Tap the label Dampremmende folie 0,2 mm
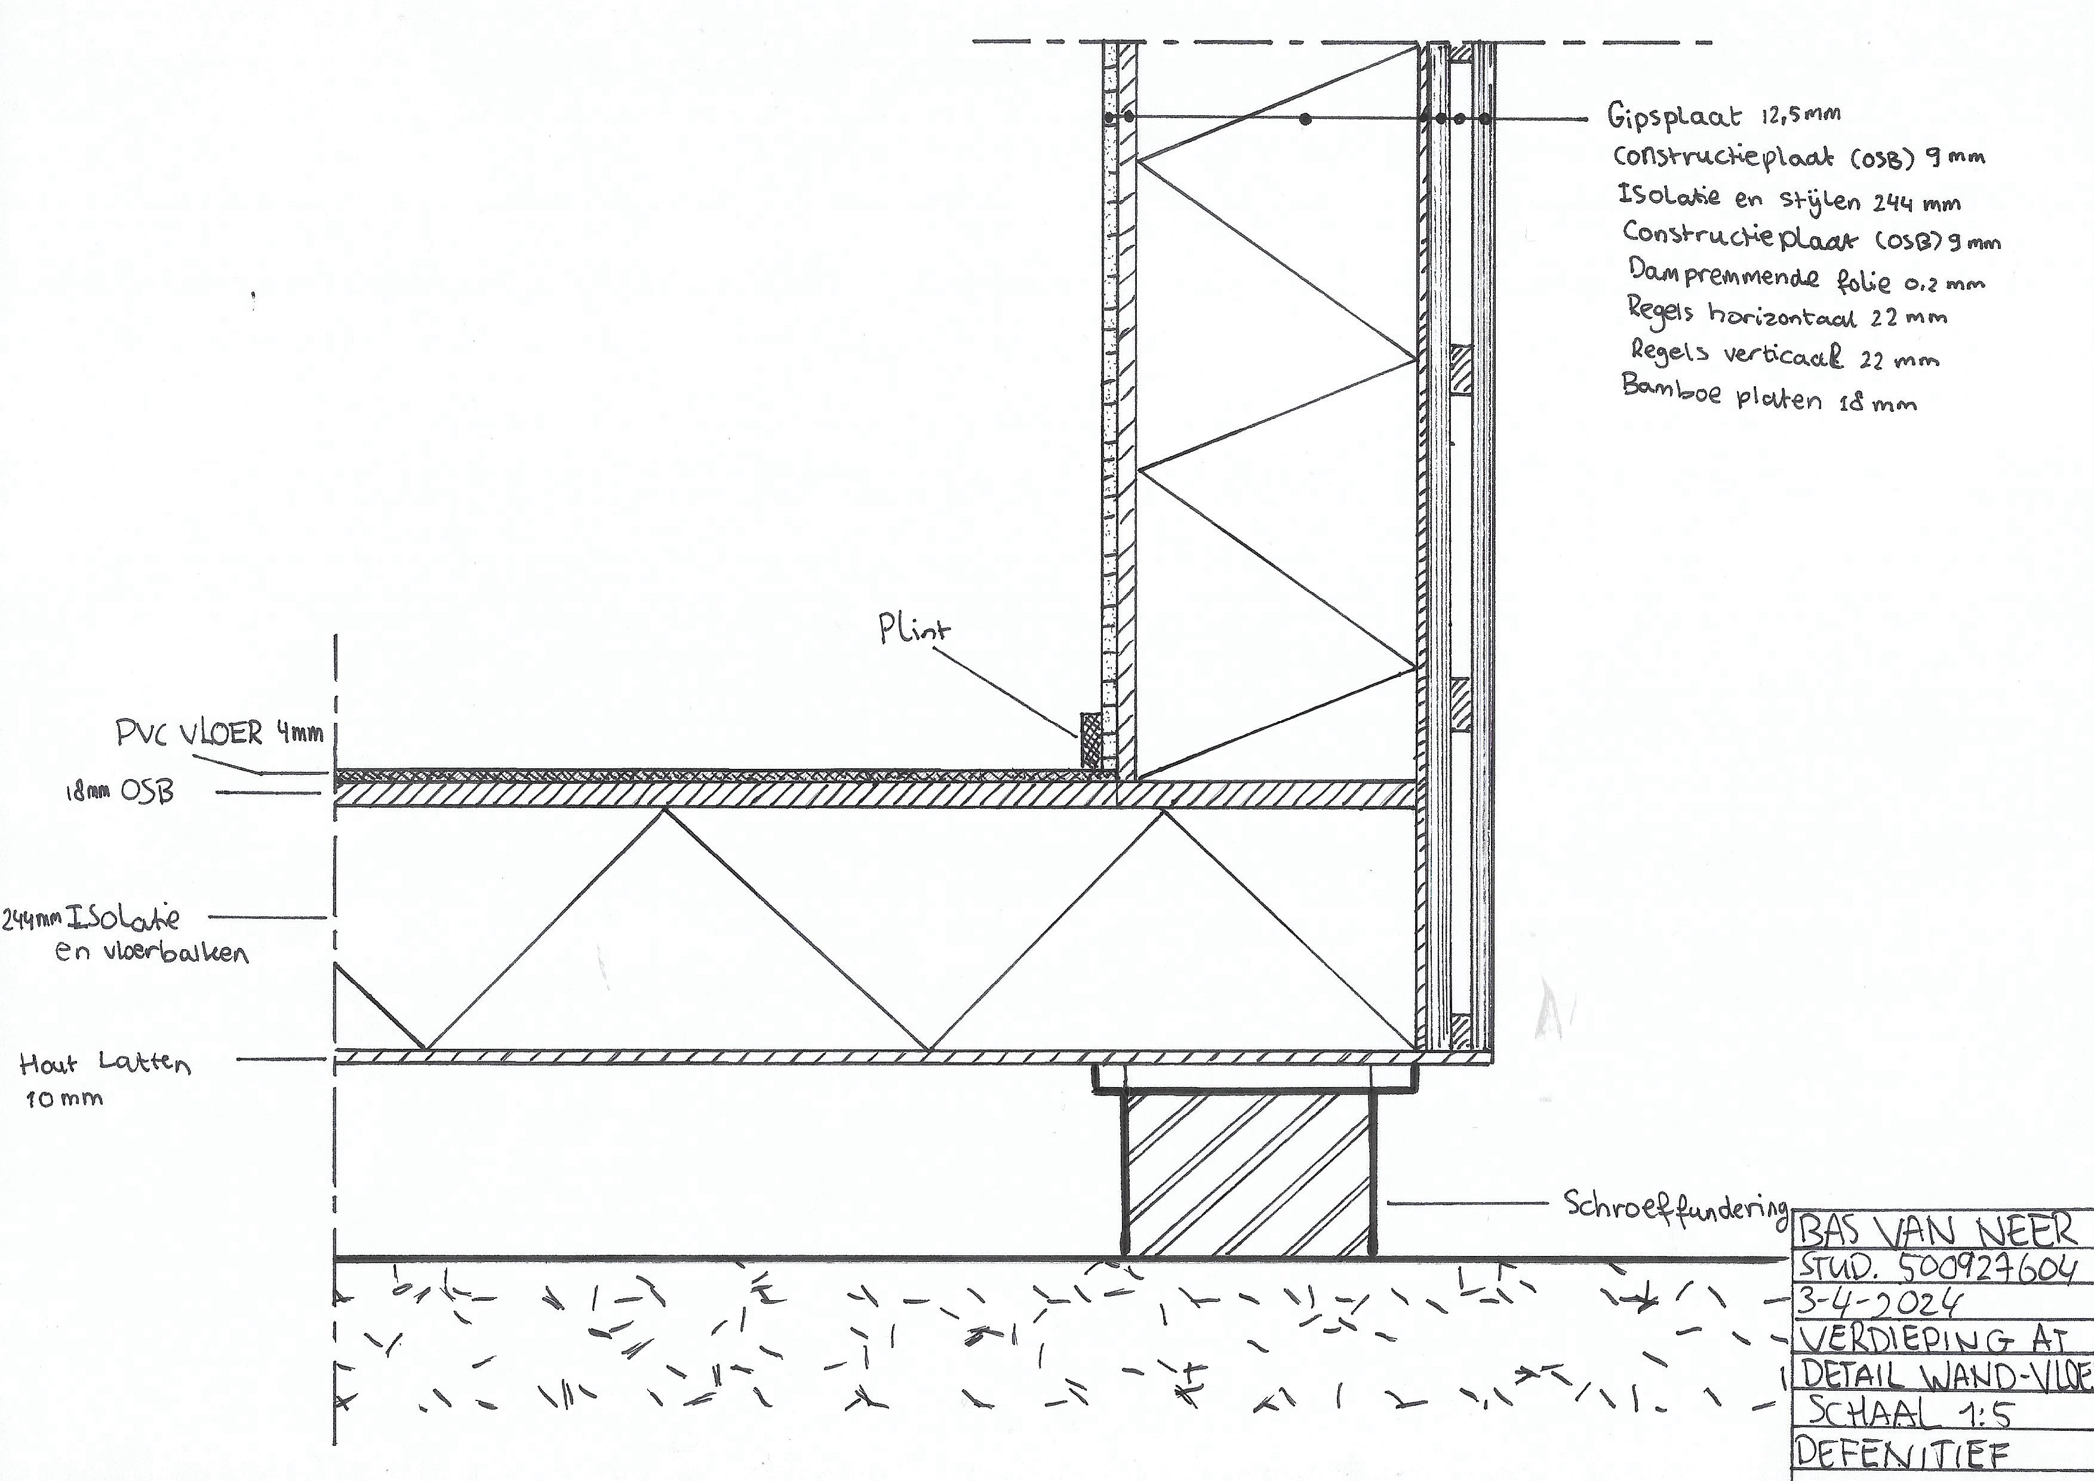click(1806, 275)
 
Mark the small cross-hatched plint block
click(1090, 740)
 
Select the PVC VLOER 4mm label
click(219, 733)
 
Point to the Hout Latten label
click(105, 1064)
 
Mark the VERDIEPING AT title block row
click(1939, 1339)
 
